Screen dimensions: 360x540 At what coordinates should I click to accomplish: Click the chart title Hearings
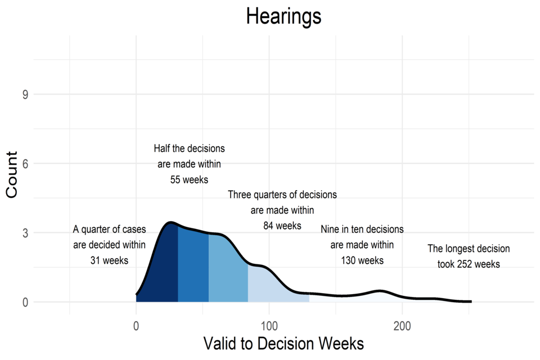coord(283,16)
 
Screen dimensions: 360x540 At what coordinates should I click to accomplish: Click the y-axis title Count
coord(12,174)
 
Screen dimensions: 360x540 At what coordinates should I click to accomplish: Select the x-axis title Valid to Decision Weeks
coord(283,343)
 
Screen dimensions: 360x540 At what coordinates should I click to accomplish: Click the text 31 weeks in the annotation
coord(109,260)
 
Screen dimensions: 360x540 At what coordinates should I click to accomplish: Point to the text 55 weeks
coord(189,180)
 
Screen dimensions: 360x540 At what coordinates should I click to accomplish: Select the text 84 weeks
coord(282,226)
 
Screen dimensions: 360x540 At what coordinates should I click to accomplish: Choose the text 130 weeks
coord(362,260)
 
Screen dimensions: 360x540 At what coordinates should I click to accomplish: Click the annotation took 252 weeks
coord(469,264)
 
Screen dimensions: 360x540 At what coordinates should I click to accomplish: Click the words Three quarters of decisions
coord(282,195)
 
